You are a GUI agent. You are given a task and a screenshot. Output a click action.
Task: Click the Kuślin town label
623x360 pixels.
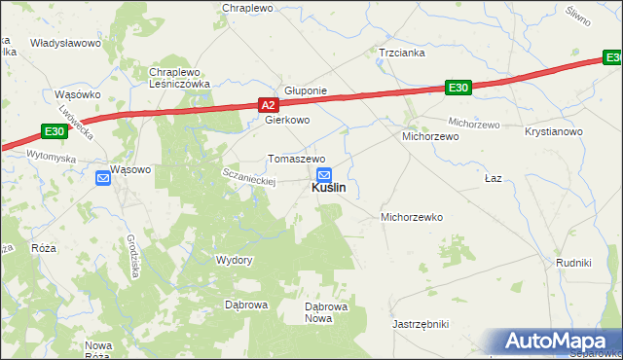pos(328,189)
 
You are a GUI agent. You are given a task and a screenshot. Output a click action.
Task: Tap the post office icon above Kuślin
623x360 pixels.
pos(324,174)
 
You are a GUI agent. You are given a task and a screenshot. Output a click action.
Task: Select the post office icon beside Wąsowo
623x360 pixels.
pos(103,177)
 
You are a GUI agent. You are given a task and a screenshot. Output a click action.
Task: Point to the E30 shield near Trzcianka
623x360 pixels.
pos(459,89)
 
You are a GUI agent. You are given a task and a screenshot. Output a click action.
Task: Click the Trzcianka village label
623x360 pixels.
pos(402,54)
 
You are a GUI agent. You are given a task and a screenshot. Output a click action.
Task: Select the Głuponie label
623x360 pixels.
pos(305,90)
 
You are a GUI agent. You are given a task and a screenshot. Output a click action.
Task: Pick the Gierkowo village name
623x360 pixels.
pos(287,121)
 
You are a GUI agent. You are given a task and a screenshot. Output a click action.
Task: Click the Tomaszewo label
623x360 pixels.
pos(297,159)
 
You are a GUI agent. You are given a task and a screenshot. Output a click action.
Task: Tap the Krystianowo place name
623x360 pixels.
pos(553,131)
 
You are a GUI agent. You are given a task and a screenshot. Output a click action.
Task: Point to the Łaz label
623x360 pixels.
pos(493,180)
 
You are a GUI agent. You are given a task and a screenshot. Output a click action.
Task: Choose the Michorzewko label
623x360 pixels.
pos(412,217)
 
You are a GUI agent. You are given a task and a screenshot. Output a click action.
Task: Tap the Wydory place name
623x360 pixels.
pos(234,260)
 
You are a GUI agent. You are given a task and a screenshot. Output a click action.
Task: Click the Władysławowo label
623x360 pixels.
pos(66,44)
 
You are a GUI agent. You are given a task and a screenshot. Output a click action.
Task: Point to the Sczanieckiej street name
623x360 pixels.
pos(251,174)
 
